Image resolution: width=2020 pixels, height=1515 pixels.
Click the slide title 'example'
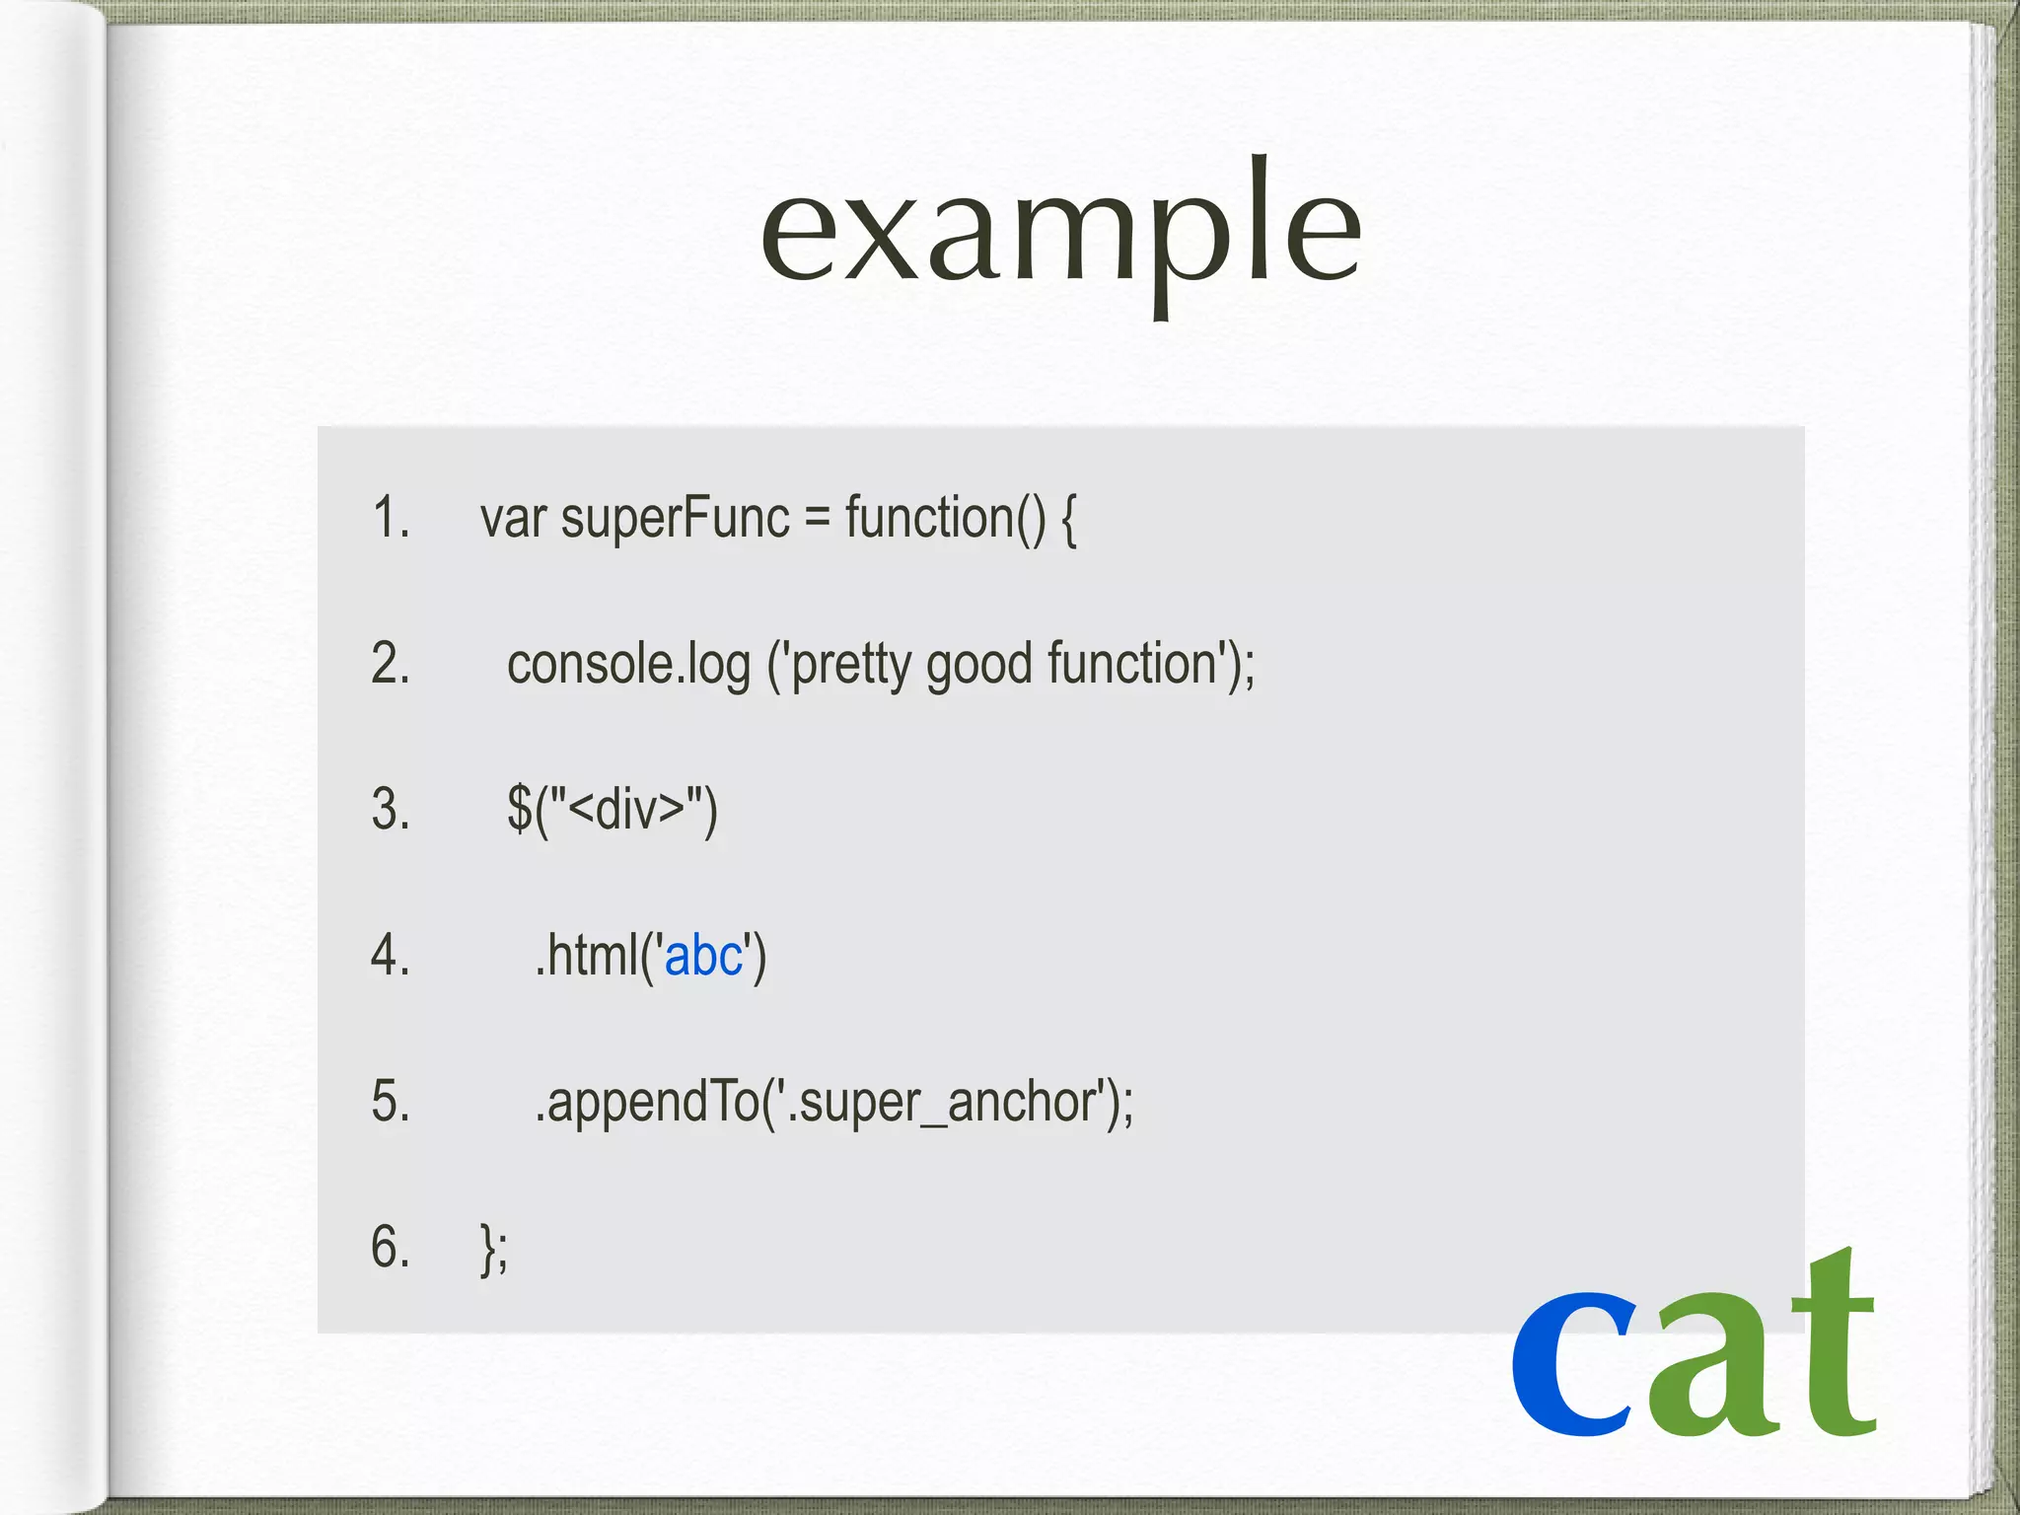click(1060, 233)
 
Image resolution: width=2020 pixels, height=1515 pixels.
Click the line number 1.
click(390, 517)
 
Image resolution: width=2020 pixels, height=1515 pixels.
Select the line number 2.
click(390, 663)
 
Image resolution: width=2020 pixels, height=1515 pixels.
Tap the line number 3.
click(390, 809)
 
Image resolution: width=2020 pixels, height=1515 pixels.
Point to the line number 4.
click(390, 955)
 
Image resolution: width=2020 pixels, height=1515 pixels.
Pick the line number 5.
click(390, 1101)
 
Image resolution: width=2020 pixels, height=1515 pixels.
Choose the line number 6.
click(390, 1247)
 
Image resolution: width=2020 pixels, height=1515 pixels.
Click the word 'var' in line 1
click(513, 519)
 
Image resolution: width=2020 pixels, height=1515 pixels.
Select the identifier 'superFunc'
click(676, 519)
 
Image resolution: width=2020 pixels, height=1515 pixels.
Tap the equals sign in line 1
click(817, 519)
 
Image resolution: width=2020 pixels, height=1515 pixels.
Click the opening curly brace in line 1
click(1068, 519)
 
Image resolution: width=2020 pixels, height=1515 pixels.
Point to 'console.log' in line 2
click(628, 665)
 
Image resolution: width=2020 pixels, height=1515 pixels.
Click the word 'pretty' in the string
click(852, 665)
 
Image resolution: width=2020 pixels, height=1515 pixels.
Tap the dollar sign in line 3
click(520, 809)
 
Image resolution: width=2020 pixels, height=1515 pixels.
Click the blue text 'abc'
click(703, 955)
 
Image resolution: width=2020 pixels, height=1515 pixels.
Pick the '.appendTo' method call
click(647, 1101)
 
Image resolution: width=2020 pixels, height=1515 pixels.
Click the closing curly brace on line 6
click(488, 1249)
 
